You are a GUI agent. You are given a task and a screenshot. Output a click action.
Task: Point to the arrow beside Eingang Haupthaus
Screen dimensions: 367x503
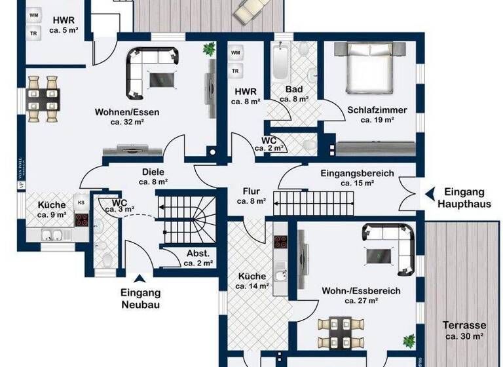430,193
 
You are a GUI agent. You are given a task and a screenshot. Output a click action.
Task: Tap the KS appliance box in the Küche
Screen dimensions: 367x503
81,203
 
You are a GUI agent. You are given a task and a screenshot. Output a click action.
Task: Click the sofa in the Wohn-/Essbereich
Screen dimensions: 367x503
390,244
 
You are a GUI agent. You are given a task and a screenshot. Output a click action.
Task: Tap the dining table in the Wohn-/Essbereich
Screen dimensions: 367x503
341,330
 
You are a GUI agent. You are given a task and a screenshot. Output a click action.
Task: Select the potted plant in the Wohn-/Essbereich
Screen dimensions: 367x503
409,341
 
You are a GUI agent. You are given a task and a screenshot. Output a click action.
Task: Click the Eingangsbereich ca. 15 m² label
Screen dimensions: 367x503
357,178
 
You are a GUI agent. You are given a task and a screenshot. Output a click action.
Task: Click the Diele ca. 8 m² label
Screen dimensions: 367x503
154,177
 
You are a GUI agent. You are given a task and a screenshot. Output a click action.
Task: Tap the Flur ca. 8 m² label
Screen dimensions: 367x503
251,197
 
